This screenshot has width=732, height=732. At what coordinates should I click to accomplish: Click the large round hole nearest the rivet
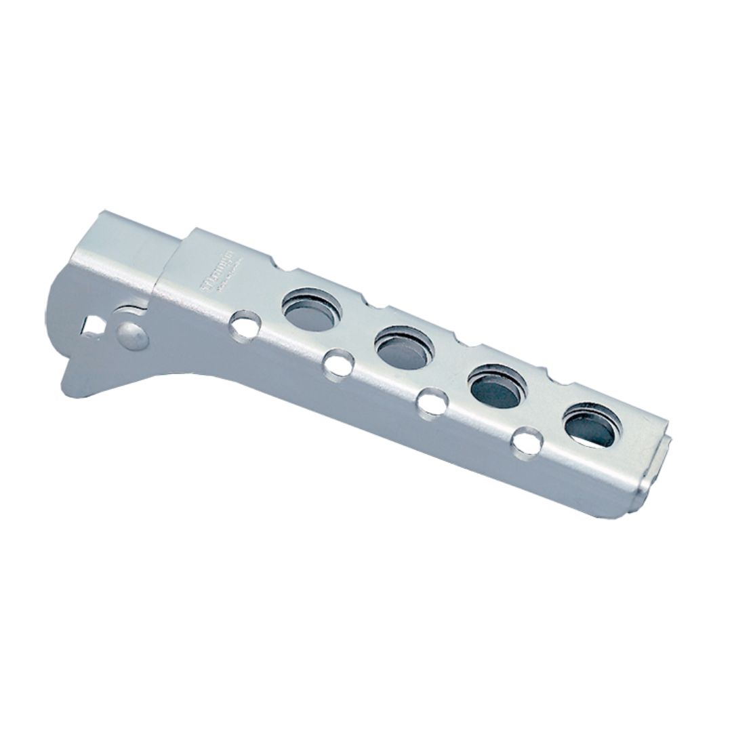tap(312, 310)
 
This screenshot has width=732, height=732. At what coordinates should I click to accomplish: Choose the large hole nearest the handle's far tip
tap(592, 424)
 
